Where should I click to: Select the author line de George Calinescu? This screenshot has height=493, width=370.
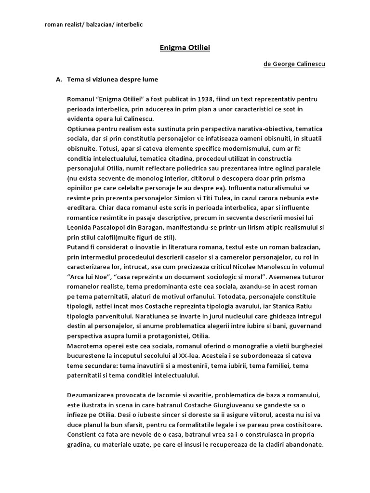click(294, 64)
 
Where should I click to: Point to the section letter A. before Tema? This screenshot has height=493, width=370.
click(60, 79)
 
